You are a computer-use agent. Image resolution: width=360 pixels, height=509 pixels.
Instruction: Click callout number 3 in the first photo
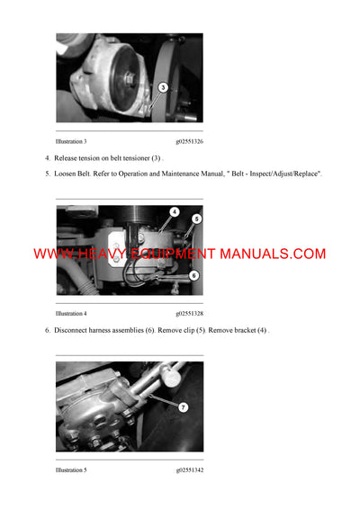162,87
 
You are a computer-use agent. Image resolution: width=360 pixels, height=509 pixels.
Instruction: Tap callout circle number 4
174,212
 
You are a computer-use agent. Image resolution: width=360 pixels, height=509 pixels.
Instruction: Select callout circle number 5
197,219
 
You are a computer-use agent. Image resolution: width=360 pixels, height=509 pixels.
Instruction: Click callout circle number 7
183,406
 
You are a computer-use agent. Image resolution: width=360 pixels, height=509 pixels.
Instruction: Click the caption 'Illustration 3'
71,141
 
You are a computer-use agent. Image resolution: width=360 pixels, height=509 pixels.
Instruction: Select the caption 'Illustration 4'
71,314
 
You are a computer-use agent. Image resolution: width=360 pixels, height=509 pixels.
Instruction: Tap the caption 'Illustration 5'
71,469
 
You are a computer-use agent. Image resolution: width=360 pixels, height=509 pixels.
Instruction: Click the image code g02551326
190,141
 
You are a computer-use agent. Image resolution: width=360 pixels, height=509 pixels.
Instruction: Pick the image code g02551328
190,314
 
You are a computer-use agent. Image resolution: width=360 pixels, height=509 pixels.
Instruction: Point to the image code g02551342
190,469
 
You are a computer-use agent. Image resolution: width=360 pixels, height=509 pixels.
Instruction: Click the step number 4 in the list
47,157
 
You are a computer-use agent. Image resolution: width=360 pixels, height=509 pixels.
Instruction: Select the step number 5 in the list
47,172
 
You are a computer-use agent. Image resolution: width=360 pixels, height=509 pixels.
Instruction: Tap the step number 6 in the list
47,330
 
